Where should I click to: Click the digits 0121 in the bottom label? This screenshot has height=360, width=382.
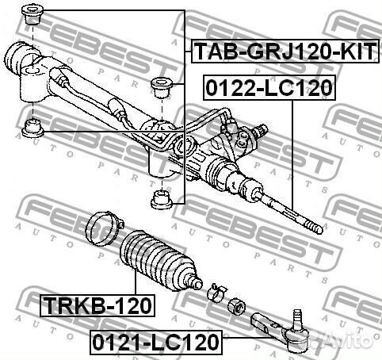pos(113,343)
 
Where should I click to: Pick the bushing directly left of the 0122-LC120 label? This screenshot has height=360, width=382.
pos(162,85)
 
